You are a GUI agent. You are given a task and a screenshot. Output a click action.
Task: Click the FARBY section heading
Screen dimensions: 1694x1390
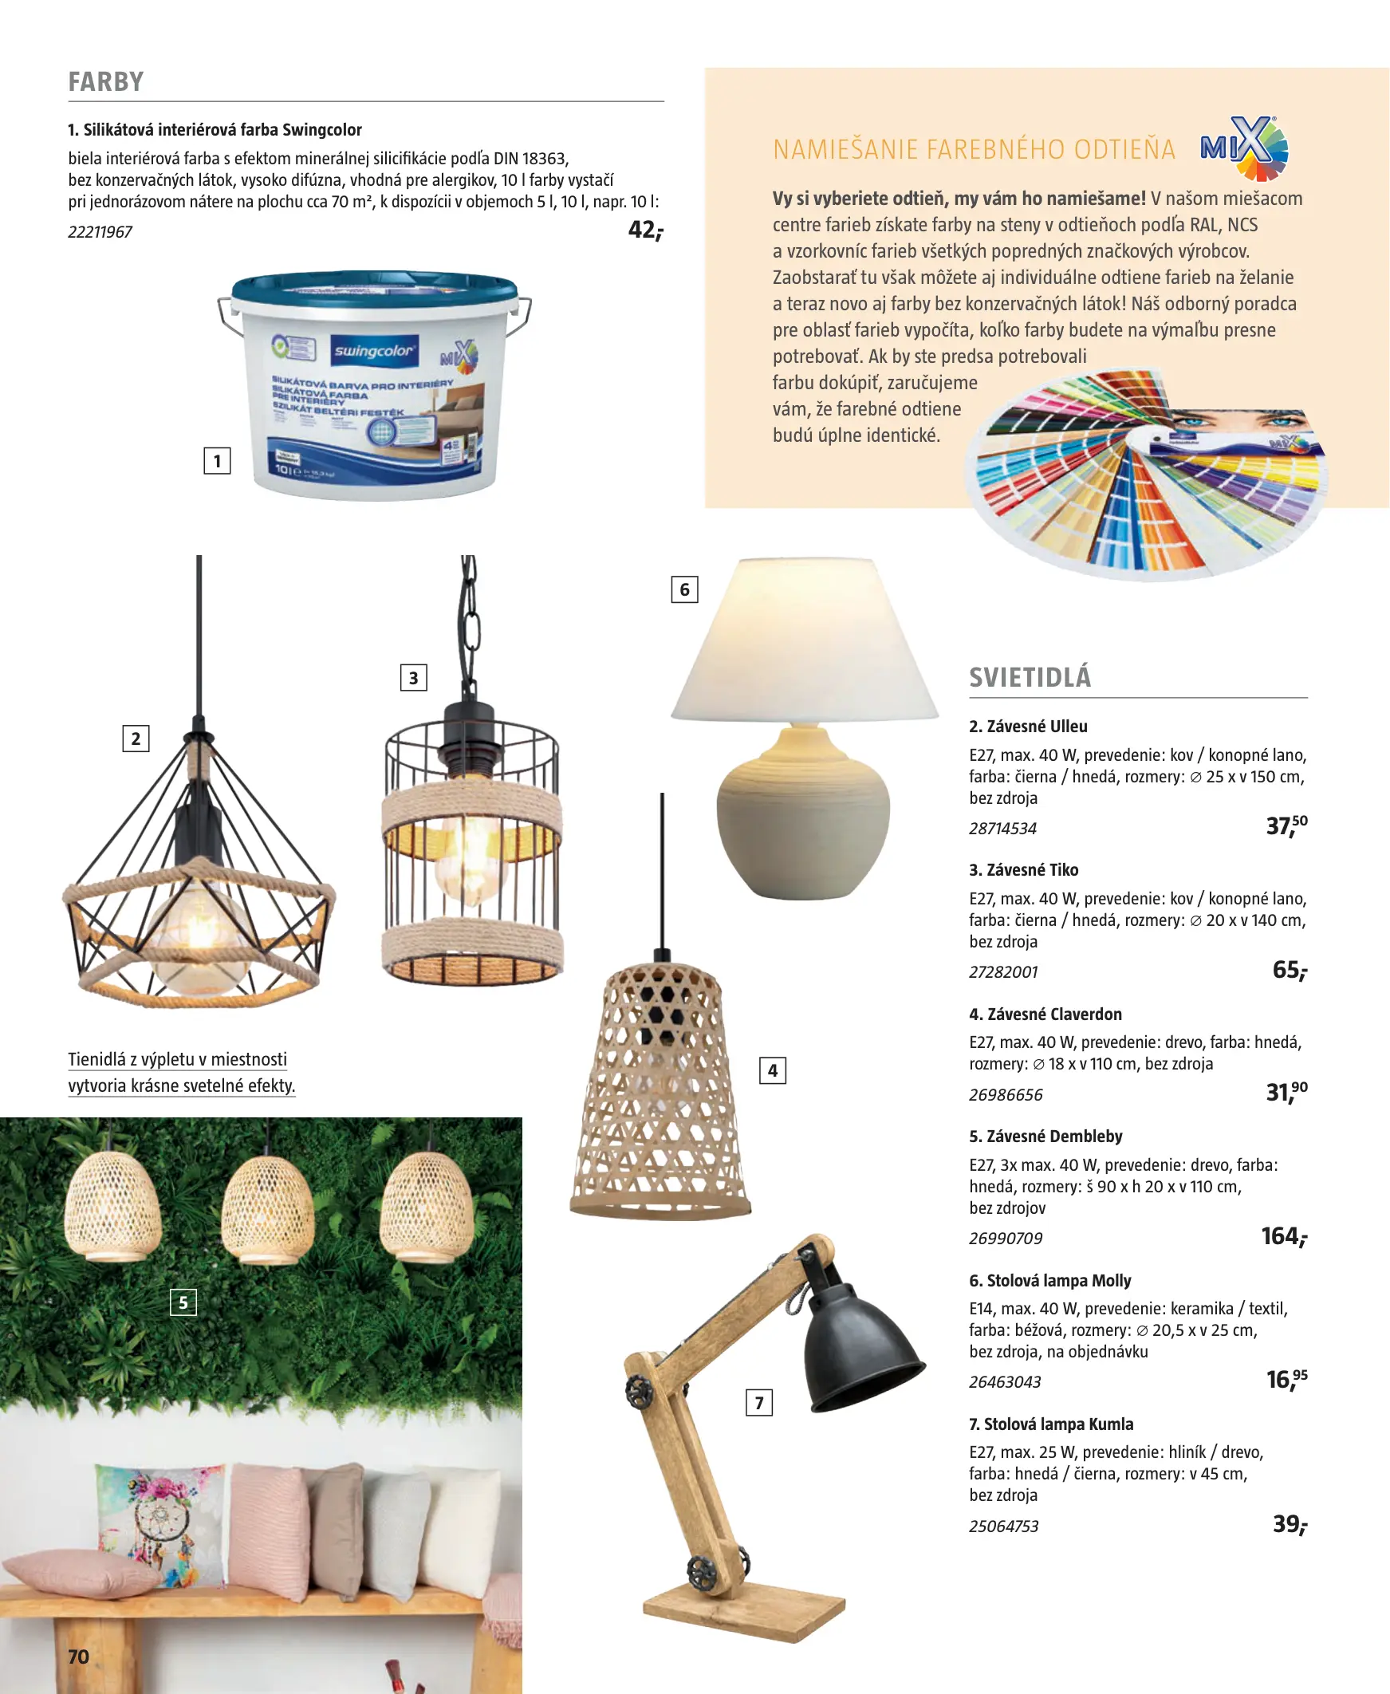106,81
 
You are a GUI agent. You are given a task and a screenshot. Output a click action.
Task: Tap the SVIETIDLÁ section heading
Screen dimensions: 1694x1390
1030,677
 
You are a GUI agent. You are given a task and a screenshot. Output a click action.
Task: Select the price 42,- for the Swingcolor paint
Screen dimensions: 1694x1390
645,230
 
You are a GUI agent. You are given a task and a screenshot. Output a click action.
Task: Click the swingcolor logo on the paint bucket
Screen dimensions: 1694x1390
375,351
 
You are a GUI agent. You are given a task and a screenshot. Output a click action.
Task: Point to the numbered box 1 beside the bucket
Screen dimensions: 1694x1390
217,461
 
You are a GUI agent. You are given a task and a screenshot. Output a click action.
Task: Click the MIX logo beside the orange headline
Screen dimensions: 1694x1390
1244,148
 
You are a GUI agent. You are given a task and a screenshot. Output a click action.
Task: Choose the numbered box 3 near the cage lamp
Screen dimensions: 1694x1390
413,678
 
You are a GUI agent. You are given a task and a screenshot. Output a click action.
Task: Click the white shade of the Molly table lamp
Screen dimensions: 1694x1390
805,640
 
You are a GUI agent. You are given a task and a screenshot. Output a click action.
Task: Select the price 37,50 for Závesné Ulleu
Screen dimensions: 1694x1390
1286,825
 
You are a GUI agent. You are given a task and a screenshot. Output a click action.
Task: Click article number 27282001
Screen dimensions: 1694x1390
1003,972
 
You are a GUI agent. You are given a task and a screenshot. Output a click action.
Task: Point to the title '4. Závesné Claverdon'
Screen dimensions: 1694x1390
1045,1014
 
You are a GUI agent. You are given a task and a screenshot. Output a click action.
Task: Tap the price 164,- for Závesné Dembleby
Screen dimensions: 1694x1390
1283,1236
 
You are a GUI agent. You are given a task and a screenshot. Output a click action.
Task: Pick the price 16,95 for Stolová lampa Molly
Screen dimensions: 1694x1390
1286,1380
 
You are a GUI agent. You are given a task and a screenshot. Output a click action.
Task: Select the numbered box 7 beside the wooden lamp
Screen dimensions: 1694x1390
759,1403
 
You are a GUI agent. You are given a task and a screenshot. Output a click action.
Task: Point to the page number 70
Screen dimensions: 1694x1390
78,1657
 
